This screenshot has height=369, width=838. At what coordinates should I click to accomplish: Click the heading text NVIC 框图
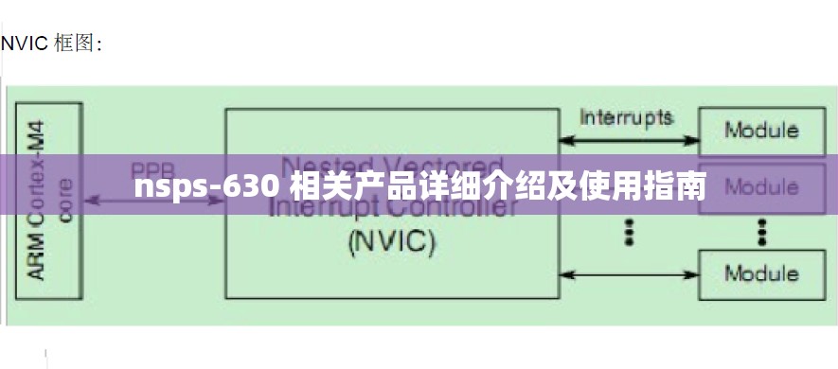click(x=51, y=44)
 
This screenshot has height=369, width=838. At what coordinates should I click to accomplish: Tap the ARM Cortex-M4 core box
click(x=48, y=203)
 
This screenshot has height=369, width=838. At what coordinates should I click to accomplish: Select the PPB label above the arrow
click(x=152, y=171)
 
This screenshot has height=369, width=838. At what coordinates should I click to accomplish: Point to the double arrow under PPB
click(x=152, y=200)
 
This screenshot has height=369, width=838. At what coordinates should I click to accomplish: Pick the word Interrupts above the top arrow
click(x=626, y=117)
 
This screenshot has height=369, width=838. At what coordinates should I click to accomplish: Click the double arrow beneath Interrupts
click(x=627, y=141)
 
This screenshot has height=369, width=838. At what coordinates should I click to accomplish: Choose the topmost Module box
click(x=760, y=131)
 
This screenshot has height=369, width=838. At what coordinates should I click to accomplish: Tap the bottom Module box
click(x=760, y=274)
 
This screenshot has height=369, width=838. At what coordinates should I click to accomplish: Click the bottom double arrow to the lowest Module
click(x=627, y=275)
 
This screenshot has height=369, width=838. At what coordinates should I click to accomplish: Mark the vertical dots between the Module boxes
click(x=760, y=230)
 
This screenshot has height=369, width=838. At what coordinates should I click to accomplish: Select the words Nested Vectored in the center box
click(x=392, y=167)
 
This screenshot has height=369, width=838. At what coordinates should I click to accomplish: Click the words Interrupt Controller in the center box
click(x=392, y=206)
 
